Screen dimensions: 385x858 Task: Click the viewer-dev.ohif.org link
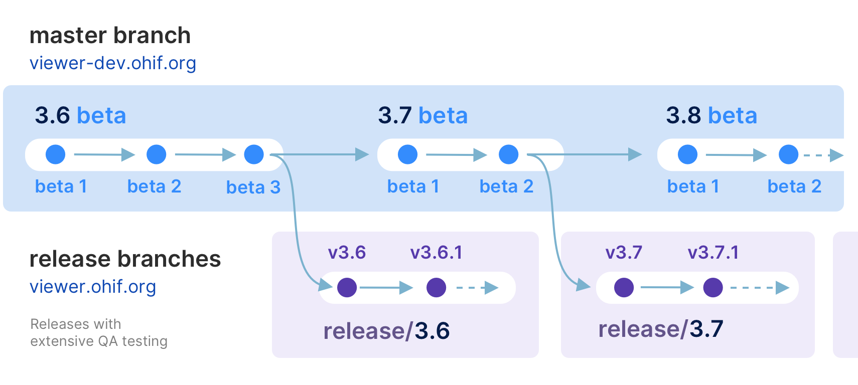[x=112, y=63]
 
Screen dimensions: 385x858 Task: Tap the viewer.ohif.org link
[x=93, y=287]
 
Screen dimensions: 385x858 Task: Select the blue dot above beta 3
[x=254, y=154]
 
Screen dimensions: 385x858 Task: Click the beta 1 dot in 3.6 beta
[x=56, y=154]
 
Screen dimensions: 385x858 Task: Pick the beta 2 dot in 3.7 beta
[x=508, y=154]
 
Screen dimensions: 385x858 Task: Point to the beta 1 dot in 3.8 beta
[x=687, y=154]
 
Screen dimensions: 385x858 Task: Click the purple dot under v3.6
[x=347, y=288]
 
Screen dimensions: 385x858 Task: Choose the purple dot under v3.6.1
[x=436, y=288]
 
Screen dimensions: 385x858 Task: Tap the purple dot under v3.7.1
[x=713, y=288]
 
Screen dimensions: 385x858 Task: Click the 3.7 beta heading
[x=422, y=115]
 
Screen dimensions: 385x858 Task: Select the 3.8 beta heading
[x=711, y=115]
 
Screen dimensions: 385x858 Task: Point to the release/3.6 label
[x=386, y=331]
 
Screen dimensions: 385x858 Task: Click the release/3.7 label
[x=660, y=329]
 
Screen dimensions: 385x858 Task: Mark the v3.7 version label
[x=624, y=252]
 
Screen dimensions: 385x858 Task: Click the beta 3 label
[x=253, y=187]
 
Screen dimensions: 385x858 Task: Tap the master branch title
[x=110, y=36]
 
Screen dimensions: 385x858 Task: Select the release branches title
[x=125, y=259]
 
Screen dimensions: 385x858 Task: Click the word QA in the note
[x=108, y=341]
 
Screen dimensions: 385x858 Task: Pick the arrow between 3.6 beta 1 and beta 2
[x=104, y=154]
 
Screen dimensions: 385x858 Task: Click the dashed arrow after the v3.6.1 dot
[x=477, y=288]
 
